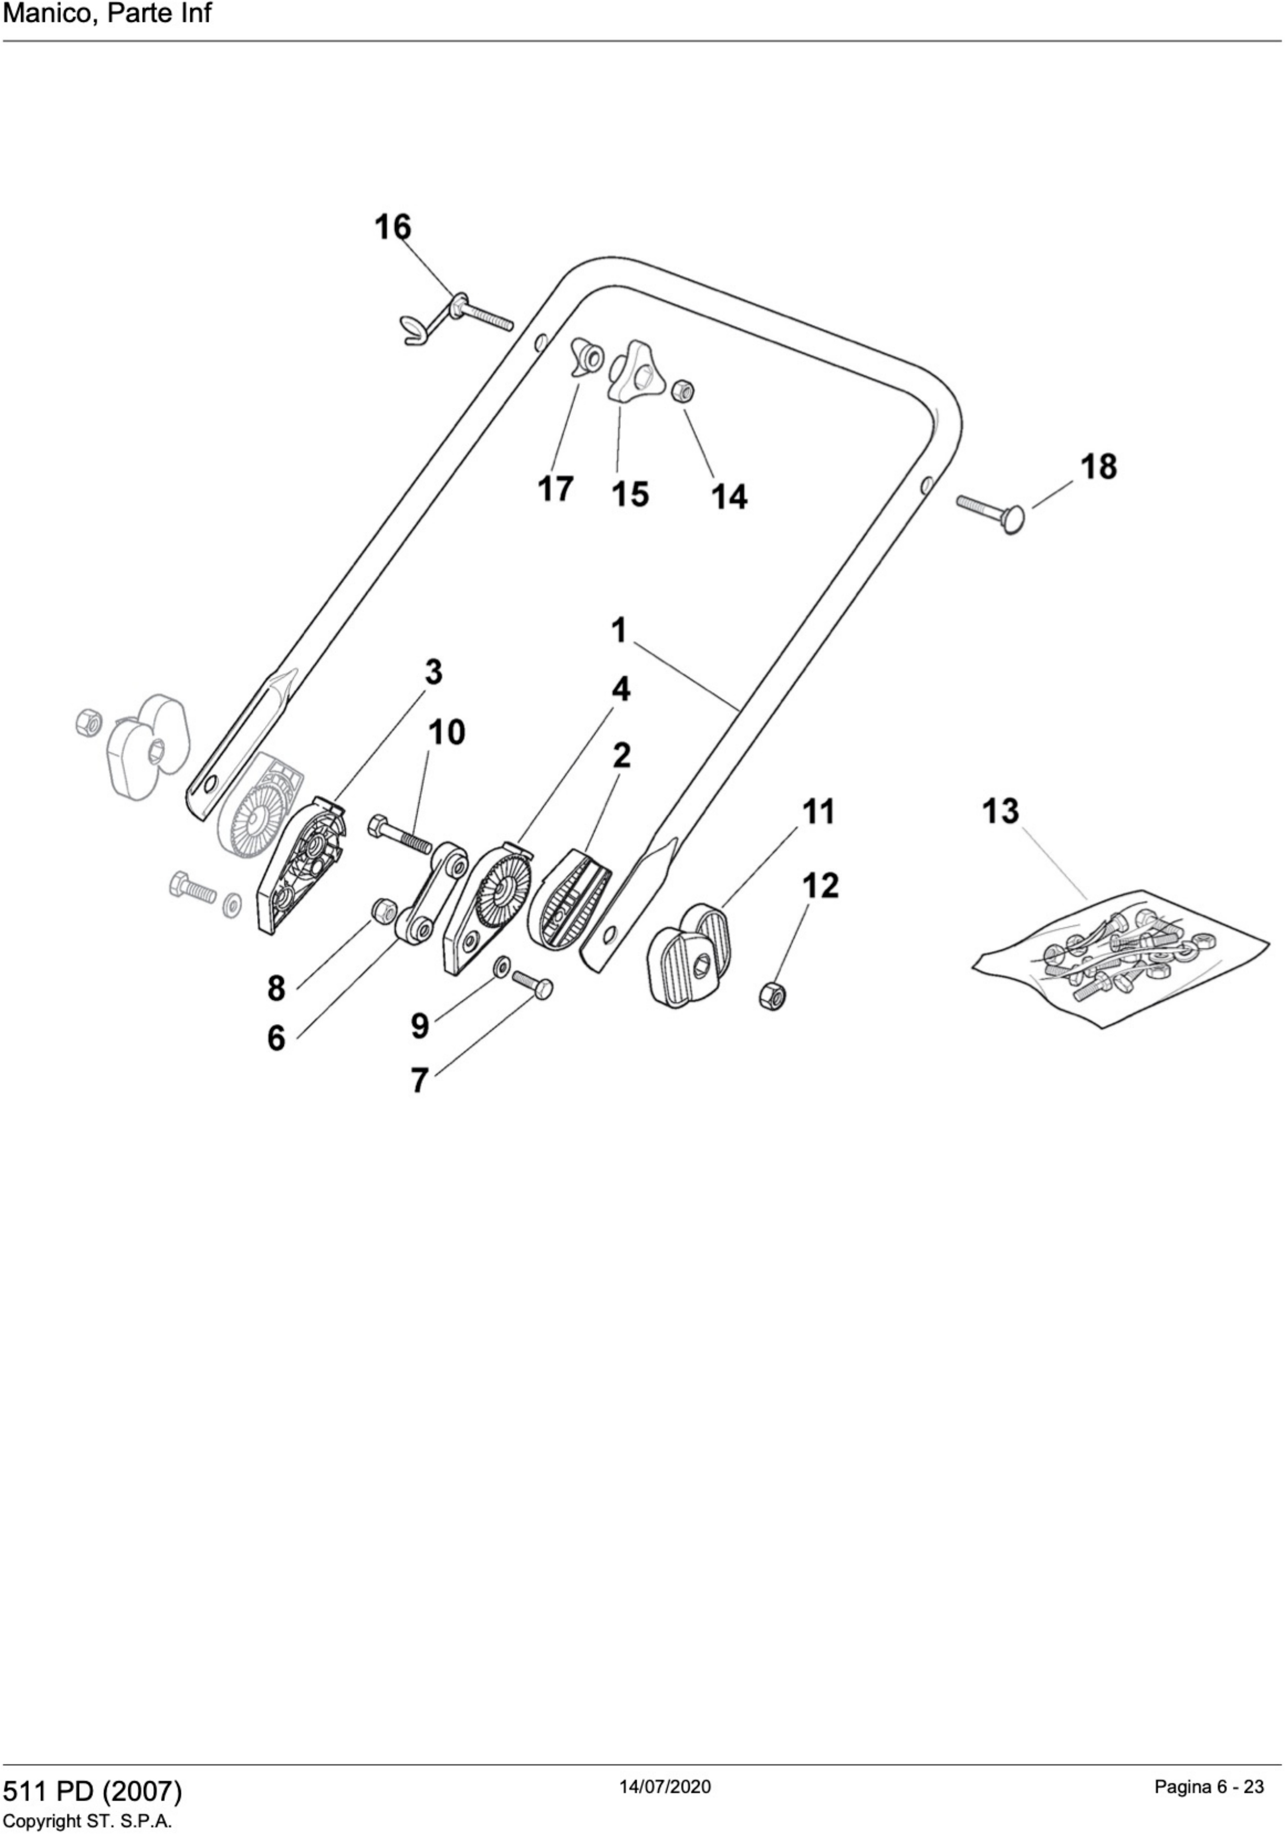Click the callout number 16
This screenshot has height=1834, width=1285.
click(x=393, y=227)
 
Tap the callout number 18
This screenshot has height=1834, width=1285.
click(x=1098, y=466)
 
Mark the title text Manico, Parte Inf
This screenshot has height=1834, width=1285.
click(x=107, y=13)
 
